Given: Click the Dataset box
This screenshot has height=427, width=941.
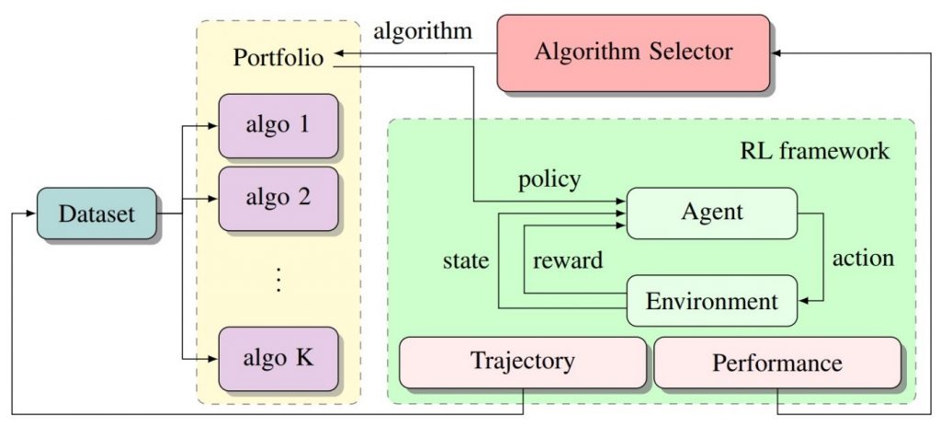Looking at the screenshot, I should click(96, 214).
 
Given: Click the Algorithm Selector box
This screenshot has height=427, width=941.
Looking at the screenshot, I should click(633, 52).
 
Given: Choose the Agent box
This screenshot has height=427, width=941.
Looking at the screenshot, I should click(711, 213).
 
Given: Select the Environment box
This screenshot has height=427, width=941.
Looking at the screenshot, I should click(711, 300).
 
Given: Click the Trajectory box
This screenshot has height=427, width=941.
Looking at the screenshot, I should click(522, 360).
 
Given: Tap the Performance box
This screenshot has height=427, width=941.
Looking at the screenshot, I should click(777, 362).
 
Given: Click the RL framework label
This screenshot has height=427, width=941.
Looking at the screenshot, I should click(815, 149).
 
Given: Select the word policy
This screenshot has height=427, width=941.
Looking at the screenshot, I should click(550, 179).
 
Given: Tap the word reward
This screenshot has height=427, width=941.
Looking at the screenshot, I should click(568, 260).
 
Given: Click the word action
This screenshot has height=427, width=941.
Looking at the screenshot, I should click(863, 258).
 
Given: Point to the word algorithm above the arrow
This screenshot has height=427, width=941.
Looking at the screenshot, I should click(423, 30).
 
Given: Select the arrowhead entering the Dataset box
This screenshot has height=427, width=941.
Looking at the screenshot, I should click(34, 214).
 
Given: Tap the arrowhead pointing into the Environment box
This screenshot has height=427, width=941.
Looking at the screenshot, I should click(804, 300).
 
